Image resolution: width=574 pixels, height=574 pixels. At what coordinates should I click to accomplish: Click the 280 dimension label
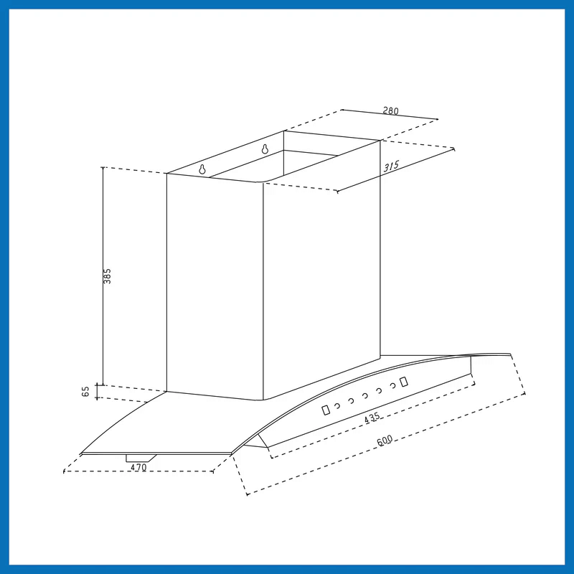click(390, 110)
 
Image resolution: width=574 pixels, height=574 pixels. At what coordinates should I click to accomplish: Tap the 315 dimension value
click(391, 166)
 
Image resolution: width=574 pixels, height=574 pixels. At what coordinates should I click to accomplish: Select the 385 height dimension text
click(107, 276)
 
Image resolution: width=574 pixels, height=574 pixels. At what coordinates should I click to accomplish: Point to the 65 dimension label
click(85, 391)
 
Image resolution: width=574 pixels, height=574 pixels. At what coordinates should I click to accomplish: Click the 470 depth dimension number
click(138, 468)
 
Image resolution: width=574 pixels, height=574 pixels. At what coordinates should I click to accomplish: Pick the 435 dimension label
click(372, 418)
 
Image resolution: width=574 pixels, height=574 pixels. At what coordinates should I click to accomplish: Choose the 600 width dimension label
click(385, 441)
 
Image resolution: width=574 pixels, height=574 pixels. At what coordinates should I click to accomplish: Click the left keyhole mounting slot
click(202, 169)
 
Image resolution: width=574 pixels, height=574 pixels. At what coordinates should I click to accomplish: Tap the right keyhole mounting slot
click(265, 149)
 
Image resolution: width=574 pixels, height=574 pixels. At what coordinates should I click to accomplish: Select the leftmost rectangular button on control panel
click(326, 410)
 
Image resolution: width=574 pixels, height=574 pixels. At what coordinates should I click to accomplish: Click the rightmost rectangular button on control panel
click(404, 382)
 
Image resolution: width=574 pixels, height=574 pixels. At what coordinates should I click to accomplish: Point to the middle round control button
click(365, 396)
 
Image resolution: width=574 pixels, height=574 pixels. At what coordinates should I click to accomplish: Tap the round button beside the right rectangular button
click(393, 385)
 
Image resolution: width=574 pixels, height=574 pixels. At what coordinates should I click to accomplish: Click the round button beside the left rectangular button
click(337, 405)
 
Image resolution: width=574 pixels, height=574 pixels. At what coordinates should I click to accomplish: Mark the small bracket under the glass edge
click(141, 458)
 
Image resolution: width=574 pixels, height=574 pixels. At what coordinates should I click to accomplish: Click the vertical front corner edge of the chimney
click(263, 291)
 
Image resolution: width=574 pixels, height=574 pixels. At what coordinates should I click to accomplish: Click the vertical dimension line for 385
click(103, 276)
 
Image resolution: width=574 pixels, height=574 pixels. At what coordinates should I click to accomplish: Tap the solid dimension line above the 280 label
click(390, 115)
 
